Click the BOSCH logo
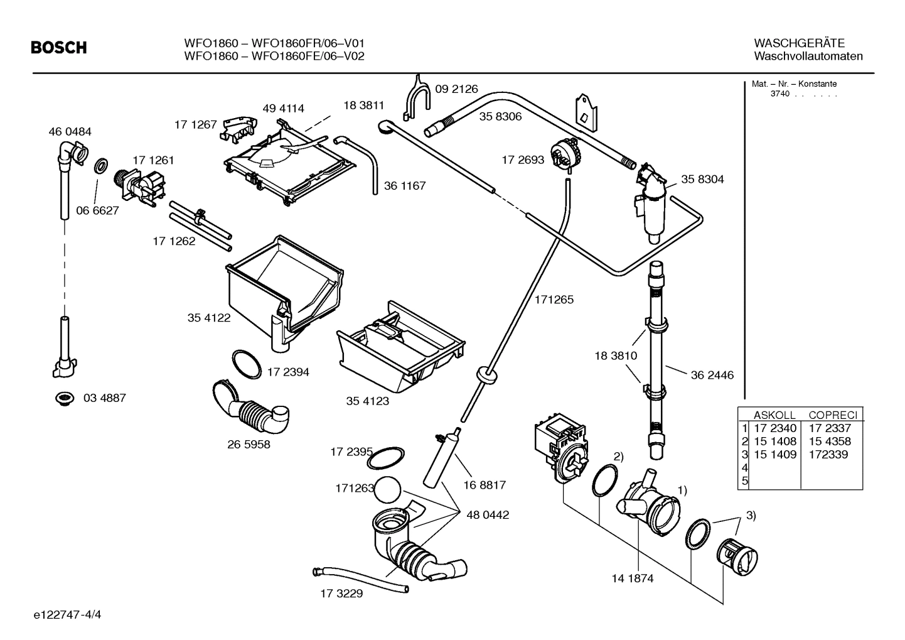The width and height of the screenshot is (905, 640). (59, 48)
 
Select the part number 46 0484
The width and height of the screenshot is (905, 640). (70, 132)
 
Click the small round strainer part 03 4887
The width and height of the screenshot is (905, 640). (63, 398)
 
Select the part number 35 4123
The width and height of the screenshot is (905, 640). (367, 401)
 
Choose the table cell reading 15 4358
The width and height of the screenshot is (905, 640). (830, 442)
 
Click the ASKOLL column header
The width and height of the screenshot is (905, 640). (774, 415)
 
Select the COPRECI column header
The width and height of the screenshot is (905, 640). (832, 415)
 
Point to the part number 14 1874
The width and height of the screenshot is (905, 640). (632, 578)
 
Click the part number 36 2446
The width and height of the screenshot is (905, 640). (712, 376)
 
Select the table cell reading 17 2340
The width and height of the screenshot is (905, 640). (774, 428)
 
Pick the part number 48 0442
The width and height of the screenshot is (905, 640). (488, 515)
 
